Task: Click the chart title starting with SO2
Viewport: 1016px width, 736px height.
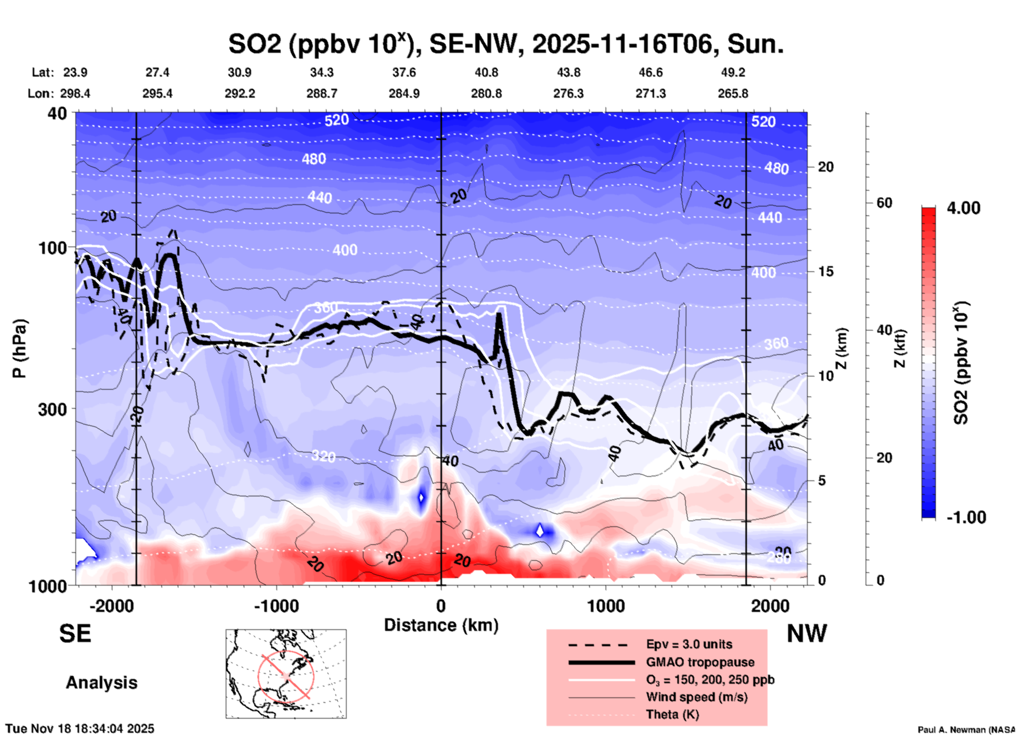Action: pyautogui.click(x=505, y=44)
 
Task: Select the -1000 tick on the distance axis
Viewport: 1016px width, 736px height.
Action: pyautogui.click(x=276, y=606)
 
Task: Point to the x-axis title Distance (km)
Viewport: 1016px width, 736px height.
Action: pyautogui.click(x=441, y=625)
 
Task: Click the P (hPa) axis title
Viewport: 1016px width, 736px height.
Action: pyautogui.click(x=20, y=348)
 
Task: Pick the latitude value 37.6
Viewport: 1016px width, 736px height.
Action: pyautogui.click(x=404, y=72)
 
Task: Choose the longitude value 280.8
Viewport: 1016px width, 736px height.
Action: pyautogui.click(x=486, y=93)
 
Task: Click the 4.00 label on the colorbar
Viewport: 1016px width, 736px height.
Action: pyautogui.click(x=963, y=208)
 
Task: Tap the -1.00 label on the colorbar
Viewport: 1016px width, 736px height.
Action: pyautogui.click(x=966, y=517)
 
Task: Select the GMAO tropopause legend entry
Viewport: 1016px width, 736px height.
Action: pyautogui.click(x=699, y=662)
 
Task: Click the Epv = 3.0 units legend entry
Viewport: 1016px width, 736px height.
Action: pyautogui.click(x=688, y=645)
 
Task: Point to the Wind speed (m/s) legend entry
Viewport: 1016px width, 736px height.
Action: pyautogui.click(x=696, y=697)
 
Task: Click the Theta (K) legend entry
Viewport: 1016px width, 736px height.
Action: pyautogui.click(x=672, y=714)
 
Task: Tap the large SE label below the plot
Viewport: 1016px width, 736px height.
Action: pyautogui.click(x=75, y=634)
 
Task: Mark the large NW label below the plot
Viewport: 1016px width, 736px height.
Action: pyautogui.click(x=807, y=634)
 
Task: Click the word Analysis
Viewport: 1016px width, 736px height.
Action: pyautogui.click(x=101, y=683)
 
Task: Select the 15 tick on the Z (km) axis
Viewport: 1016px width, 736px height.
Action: pyautogui.click(x=826, y=271)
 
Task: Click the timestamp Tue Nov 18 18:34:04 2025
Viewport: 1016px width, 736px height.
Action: pyautogui.click(x=80, y=729)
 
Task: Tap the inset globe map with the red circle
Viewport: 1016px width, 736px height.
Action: pyautogui.click(x=286, y=674)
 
